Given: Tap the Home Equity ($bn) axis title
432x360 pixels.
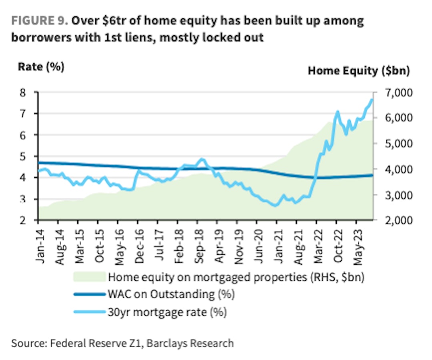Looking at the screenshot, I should pyautogui.click(x=359, y=71).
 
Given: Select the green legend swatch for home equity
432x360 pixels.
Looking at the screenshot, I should pyautogui.click(x=89, y=277).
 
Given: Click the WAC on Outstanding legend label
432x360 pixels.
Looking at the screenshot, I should pyautogui.click(x=171, y=295).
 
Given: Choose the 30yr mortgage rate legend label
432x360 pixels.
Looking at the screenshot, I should pyautogui.click(x=167, y=312).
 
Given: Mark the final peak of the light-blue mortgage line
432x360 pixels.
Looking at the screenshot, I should pyautogui.click(x=372, y=100).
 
